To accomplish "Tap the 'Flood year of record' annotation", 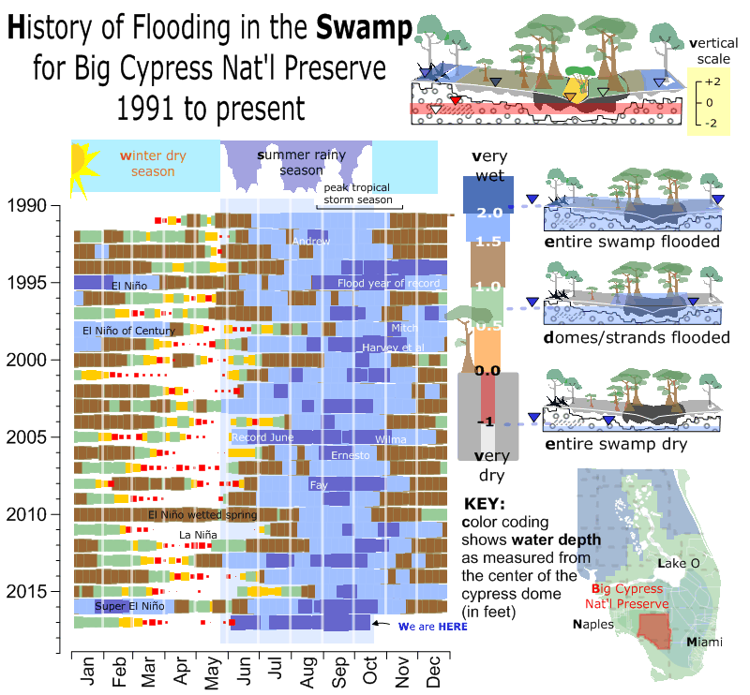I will tap(388, 283).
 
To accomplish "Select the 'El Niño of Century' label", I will tap(128, 331).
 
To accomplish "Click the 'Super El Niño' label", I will tap(129, 607).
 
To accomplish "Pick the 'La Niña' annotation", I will tap(198, 535).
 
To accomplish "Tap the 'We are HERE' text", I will tap(426, 628).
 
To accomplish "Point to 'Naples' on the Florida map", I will tap(593, 624).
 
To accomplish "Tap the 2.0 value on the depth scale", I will tap(489, 214).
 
